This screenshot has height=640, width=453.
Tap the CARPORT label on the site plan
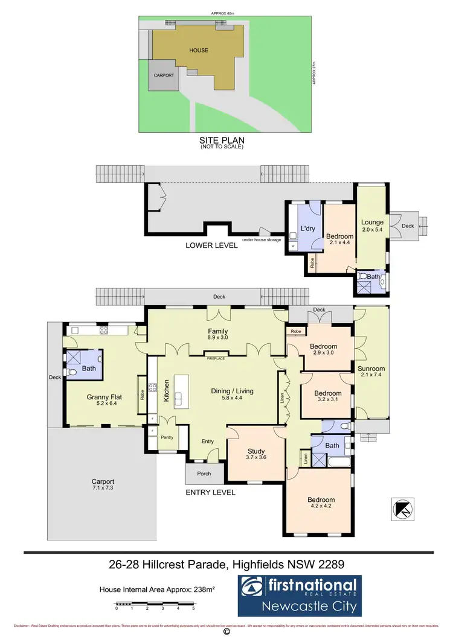click(x=164, y=75)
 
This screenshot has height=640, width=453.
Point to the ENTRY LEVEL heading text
click(x=210, y=492)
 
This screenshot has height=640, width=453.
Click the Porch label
click(x=204, y=474)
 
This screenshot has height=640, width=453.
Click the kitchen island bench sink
click(x=179, y=398)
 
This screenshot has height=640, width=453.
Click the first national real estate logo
click(x=299, y=595)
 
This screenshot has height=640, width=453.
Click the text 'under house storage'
click(x=262, y=239)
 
